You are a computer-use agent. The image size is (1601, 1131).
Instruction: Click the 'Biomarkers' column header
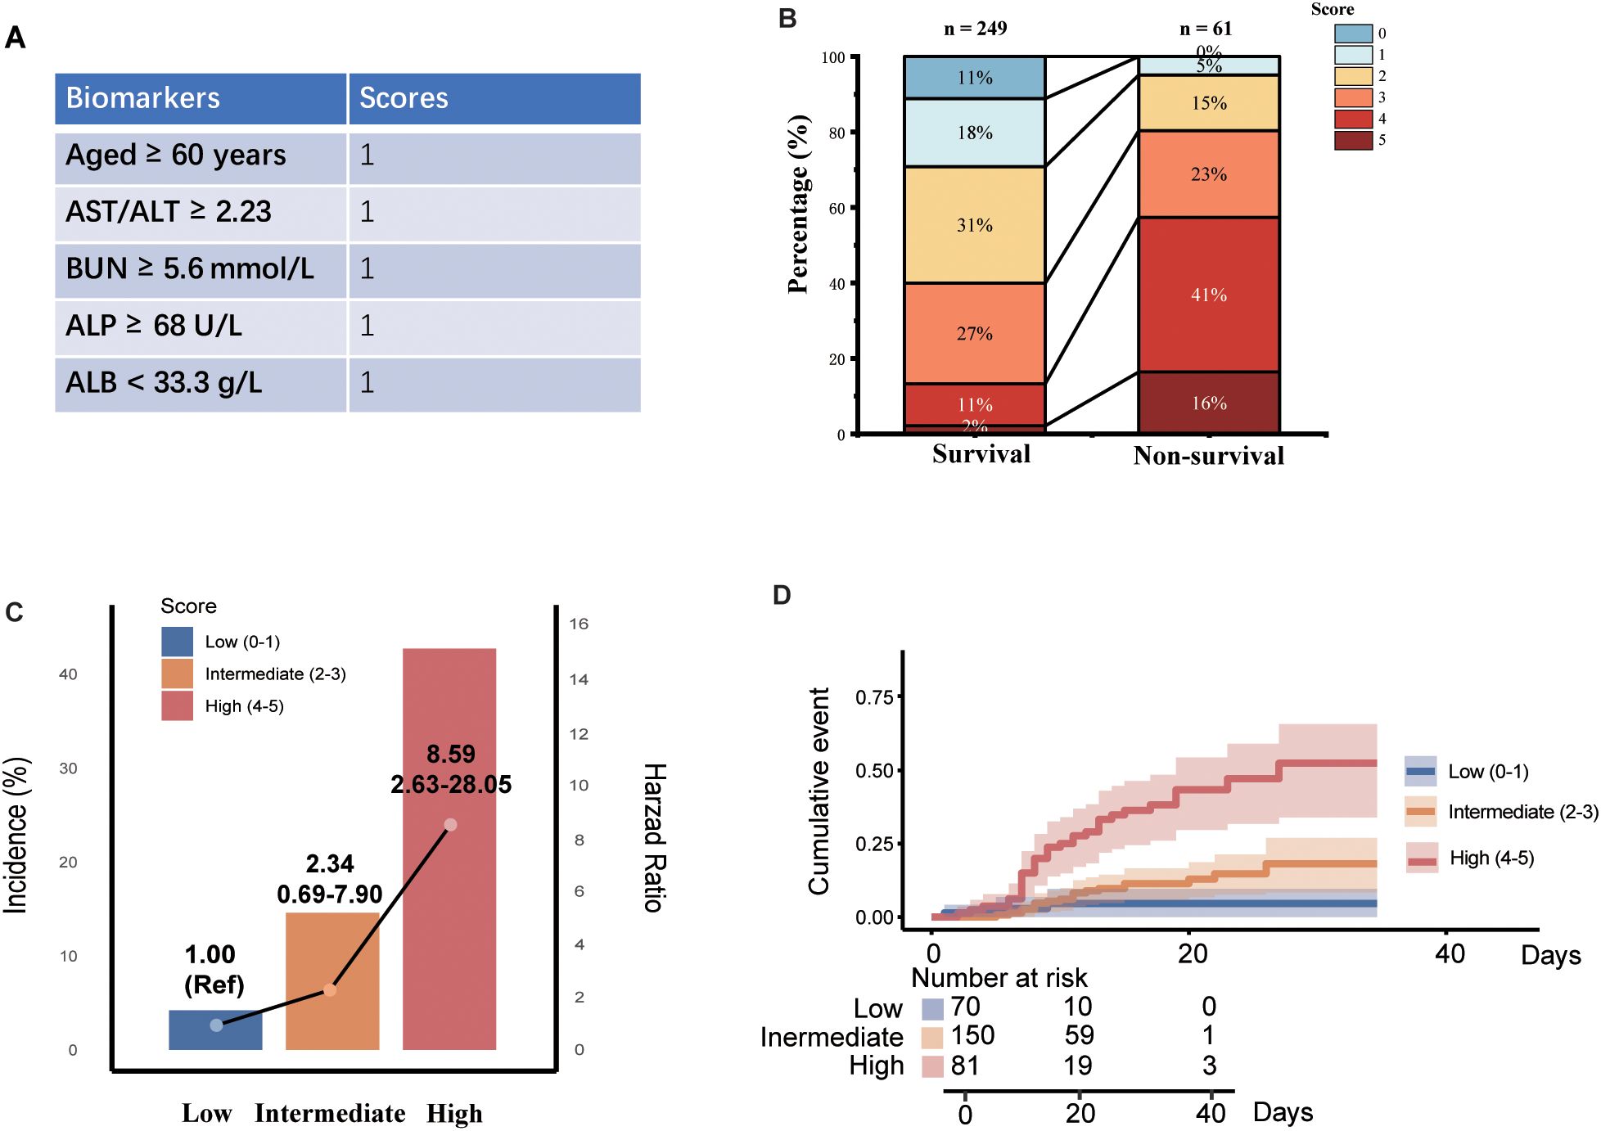pyautogui.click(x=143, y=98)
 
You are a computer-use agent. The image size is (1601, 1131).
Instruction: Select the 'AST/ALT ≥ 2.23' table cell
pyautogui.click(x=169, y=212)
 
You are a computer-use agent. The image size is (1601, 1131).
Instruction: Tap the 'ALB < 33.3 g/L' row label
pyautogui.click(x=164, y=383)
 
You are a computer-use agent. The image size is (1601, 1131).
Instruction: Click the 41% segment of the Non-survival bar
pyautogui.click(x=1208, y=295)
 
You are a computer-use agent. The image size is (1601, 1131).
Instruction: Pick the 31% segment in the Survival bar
pyautogui.click(x=974, y=225)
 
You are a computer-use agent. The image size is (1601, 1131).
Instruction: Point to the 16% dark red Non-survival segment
pyautogui.click(x=1208, y=403)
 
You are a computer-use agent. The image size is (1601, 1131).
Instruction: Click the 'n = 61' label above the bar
pyautogui.click(x=1205, y=29)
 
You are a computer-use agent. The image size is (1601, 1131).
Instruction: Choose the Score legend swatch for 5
pyautogui.click(x=1353, y=140)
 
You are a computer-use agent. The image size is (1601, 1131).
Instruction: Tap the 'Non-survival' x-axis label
pyautogui.click(x=1208, y=456)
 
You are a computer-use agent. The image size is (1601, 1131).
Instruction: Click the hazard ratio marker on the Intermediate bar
pyautogui.click(x=330, y=990)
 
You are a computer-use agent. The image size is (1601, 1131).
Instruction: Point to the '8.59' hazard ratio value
pyautogui.click(x=450, y=754)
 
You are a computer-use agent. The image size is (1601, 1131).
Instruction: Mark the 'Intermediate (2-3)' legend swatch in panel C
pyautogui.click(x=178, y=674)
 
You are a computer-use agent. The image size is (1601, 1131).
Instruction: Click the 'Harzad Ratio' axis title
pyautogui.click(x=655, y=837)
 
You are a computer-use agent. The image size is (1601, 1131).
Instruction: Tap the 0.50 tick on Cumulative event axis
pyautogui.click(x=874, y=771)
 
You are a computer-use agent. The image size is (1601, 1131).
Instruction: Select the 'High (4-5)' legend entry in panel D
pyautogui.click(x=1491, y=858)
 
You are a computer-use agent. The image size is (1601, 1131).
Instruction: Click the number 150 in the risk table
pyautogui.click(x=972, y=1035)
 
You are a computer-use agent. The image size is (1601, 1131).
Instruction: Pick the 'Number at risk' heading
pyautogui.click(x=999, y=978)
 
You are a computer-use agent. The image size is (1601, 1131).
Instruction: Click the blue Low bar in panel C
pyautogui.click(x=215, y=1030)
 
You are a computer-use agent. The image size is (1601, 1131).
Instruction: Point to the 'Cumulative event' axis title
pyautogui.click(x=819, y=791)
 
